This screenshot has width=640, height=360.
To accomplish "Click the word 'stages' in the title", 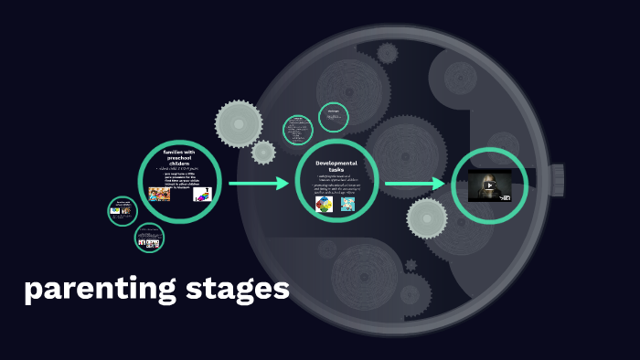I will (x=238, y=291).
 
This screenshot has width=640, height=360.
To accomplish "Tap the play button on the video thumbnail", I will (x=490, y=185).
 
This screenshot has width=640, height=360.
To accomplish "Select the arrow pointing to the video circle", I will (x=415, y=185).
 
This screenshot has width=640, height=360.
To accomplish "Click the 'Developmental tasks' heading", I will (x=336, y=166).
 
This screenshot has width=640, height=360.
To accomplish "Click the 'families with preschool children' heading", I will (x=179, y=156).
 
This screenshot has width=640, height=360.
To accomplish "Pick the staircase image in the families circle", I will (x=204, y=194).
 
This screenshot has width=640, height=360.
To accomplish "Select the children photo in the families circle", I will (x=159, y=194).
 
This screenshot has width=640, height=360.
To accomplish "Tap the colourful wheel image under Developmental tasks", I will (x=324, y=204).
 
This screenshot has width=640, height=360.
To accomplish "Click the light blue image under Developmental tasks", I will (x=347, y=204).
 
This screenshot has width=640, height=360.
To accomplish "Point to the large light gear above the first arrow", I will (x=239, y=123).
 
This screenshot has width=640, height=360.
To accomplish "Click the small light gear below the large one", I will (x=263, y=152).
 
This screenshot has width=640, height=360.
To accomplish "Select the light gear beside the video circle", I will (x=426, y=217).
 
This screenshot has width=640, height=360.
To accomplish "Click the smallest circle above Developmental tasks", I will (x=334, y=116).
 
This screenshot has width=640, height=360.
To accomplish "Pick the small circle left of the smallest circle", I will (x=298, y=130).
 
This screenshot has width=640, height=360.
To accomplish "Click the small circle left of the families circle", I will (x=122, y=211).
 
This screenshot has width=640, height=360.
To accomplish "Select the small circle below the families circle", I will (x=149, y=239).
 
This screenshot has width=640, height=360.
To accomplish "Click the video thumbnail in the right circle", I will (x=490, y=185).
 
